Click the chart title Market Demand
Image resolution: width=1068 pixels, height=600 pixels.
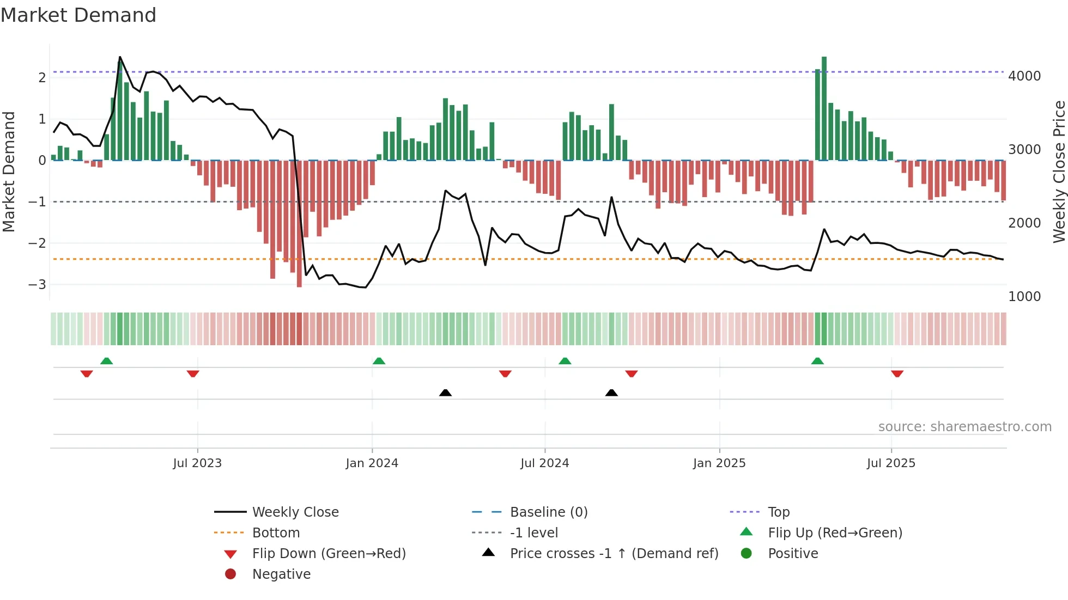(x=78, y=15)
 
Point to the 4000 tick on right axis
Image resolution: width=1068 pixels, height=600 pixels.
(x=1024, y=76)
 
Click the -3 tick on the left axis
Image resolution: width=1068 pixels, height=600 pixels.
(x=37, y=285)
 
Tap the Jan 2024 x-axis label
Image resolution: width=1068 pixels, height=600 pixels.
(x=372, y=463)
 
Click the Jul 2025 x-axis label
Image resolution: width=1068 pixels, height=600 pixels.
(x=891, y=463)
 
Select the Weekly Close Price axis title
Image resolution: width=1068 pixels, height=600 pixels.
(x=1059, y=172)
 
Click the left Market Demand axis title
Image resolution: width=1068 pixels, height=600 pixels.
(x=9, y=172)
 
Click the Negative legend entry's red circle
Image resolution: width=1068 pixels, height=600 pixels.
(x=230, y=574)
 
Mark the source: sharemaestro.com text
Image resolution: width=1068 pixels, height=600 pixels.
(x=964, y=427)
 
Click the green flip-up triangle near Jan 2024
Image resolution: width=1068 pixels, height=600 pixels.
(x=379, y=361)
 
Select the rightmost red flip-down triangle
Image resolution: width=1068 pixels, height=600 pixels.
(x=897, y=374)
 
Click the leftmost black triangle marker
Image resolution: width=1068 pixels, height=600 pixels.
(x=445, y=393)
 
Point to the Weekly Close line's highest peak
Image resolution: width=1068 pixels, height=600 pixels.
(x=120, y=57)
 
